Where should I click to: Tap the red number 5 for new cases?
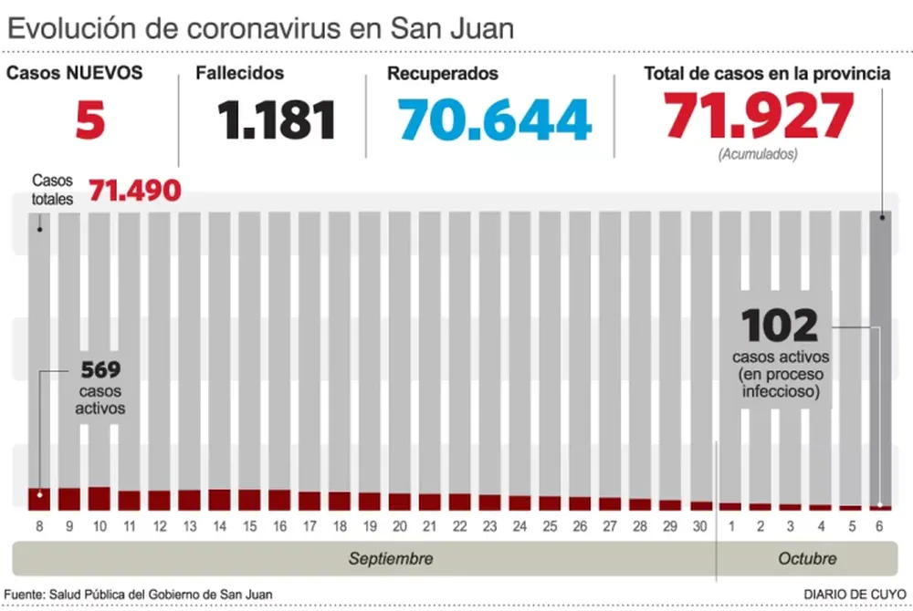[90, 119]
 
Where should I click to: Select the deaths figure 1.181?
[277, 119]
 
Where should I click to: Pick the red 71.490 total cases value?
[134, 192]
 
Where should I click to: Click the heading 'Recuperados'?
[442, 73]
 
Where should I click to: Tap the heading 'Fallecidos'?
[239, 73]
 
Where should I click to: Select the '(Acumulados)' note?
[757, 154]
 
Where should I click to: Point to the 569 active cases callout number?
[100, 370]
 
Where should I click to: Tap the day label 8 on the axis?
[39, 526]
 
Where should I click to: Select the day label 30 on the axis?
[700, 526]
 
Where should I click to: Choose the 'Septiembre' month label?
[391, 558]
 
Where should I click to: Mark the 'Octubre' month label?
[807, 558]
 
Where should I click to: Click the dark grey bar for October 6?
[881, 356]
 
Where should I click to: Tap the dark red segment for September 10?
[99, 498]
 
